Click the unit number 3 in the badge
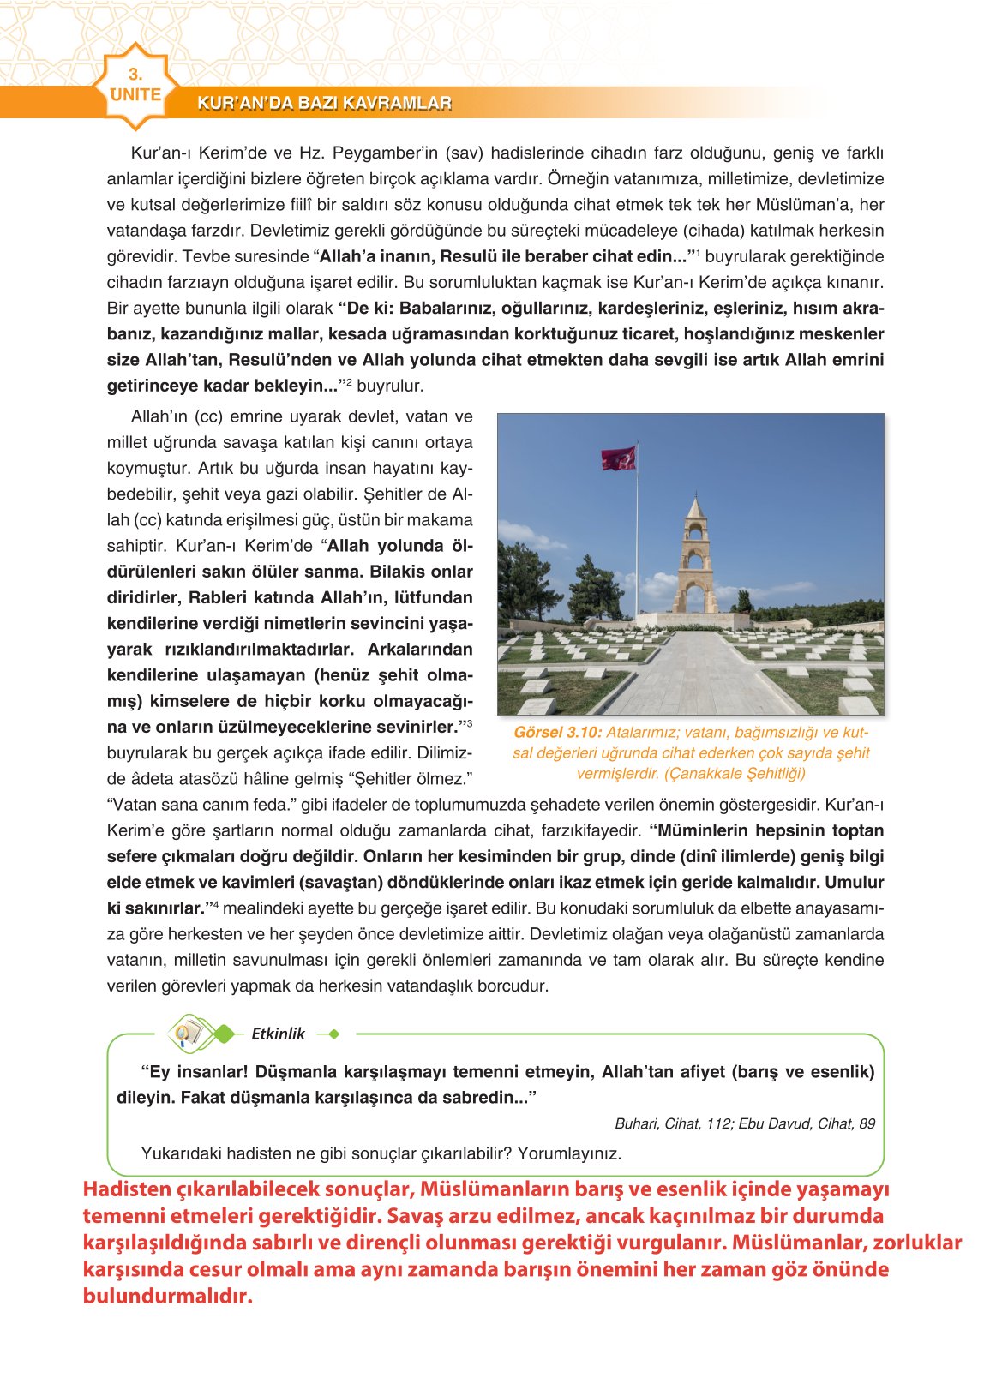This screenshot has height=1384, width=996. pyautogui.click(x=135, y=75)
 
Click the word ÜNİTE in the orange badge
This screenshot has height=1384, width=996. pyautogui.click(x=135, y=94)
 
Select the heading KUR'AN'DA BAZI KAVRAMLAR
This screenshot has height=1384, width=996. pyautogui.click(x=324, y=104)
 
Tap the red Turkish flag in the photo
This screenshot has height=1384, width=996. pyautogui.click(x=619, y=458)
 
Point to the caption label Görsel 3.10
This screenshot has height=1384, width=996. pyautogui.click(x=558, y=733)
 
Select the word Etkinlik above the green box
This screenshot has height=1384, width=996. pyautogui.click(x=278, y=1034)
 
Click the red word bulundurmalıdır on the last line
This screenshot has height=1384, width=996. pyautogui.click(x=168, y=1296)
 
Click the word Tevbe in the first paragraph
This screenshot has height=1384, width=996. pyautogui.click(x=201, y=256)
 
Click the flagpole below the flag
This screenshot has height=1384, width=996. pyautogui.click(x=637, y=548)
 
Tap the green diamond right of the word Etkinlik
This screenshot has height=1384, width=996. pyautogui.click(x=334, y=1034)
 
